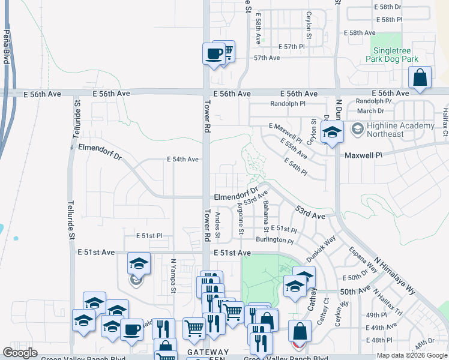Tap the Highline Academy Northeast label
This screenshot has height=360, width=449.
400,130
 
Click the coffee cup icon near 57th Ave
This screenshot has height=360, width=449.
214,55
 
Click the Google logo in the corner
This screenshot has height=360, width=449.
20,353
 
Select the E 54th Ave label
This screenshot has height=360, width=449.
182,160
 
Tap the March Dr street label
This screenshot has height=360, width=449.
370,110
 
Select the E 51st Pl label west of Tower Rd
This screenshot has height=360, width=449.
149,236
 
